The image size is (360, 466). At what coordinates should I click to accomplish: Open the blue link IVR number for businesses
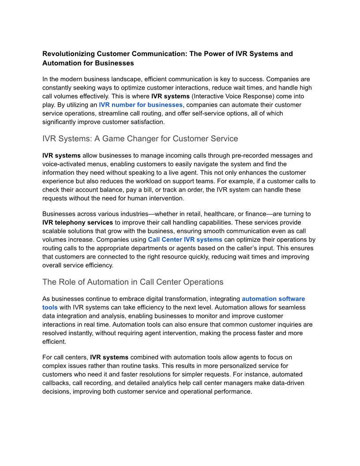pyautogui.click(x=140, y=105)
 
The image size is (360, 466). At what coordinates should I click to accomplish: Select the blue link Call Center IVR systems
pyautogui.click(x=185, y=240)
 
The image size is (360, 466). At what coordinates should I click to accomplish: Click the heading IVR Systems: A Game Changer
pyautogui.click(x=140, y=139)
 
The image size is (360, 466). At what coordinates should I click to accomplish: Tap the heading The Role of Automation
pyautogui.click(x=133, y=282)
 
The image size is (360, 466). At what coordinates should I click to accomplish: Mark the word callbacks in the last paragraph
pyautogui.click(x=58, y=383)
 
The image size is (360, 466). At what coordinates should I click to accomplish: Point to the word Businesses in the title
pyautogui.click(x=115, y=63)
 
